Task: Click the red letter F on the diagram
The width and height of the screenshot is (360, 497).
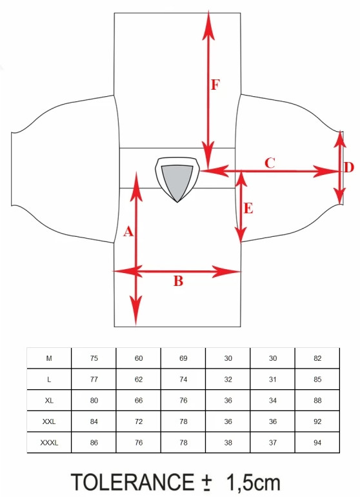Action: (x=215, y=85)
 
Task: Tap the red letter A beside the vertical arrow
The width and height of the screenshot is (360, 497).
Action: (x=128, y=231)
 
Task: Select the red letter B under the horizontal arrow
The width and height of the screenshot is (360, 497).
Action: (x=179, y=281)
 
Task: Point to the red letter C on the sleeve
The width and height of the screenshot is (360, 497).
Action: (x=270, y=163)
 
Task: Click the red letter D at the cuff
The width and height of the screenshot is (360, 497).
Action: (x=349, y=167)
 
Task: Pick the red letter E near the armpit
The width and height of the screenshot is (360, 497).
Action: (x=248, y=208)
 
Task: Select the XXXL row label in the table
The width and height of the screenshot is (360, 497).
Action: (x=49, y=443)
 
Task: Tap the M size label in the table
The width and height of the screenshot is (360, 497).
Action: (x=49, y=358)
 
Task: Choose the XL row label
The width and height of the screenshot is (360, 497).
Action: (x=49, y=400)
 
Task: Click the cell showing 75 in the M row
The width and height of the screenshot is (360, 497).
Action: (x=94, y=358)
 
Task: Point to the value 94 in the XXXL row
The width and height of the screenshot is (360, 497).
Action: (x=317, y=443)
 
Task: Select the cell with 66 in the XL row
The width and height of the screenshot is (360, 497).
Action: (x=139, y=400)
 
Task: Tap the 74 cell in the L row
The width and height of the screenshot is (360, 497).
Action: (x=183, y=380)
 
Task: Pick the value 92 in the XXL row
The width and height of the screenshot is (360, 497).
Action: (x=317, y=421)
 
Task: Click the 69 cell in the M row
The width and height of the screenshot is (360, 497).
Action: (x=183, y=358)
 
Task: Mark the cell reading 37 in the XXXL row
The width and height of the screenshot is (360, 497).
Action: (x=272, y=443)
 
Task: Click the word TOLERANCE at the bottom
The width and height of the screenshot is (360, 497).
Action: (x=132, y=482)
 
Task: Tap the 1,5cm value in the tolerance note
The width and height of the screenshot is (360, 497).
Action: (x=253, y=483)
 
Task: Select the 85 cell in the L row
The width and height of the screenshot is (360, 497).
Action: (x=317, y=380)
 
